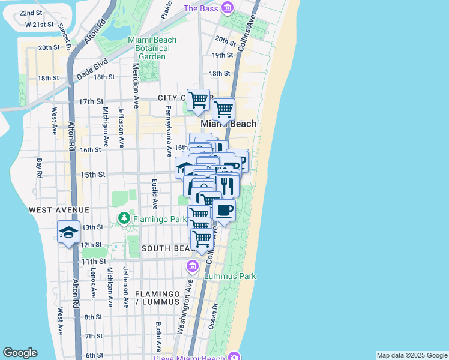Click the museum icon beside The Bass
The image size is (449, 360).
pyautogui.click(x=227, y=8)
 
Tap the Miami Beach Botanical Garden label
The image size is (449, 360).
pyautogui.click(x=152, y=48)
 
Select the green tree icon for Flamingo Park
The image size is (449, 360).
pyautogui.click(x=124, y=218)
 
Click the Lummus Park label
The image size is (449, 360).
pyautogui.click(x=230, y=276)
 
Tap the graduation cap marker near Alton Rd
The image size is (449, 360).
pyautogui.click(x=69, y=232)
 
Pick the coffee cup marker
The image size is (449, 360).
pyautogui.click(x=224, y=211)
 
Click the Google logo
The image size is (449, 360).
pyautogui.click(x=20, y=353)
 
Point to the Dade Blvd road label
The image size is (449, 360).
pyautogui.click(x=91, y=67)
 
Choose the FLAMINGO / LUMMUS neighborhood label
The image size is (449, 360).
pyautogui.click(x=158, y=298)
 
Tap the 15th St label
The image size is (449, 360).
pyautogui.click(x=94, y=174)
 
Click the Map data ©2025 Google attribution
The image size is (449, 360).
pyautogui.click(x=411, y=355)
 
